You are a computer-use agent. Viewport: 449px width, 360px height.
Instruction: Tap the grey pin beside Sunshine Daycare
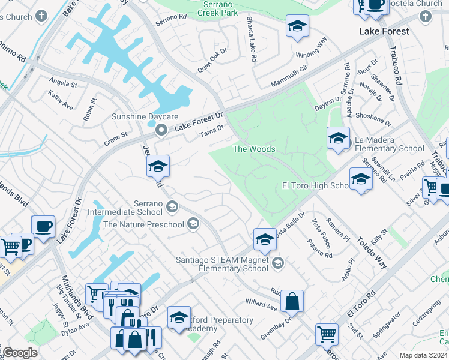click(x=160, y=130)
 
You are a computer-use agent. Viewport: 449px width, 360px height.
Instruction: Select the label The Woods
click(x=254, y=149)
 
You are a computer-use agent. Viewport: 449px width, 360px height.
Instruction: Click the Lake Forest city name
click(x=384, y=31)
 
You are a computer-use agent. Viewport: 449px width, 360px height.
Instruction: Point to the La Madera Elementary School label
click(x=390, y=144)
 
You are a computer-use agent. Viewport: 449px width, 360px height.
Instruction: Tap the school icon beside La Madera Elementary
click(x=338, y=139)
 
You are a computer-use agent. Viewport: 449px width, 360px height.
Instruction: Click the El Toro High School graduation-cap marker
click(x=361, y=179)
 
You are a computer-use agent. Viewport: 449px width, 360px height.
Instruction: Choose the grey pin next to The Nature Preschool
click(x=193, y=224)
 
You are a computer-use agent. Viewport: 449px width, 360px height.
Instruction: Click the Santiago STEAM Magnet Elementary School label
click(x=222, y=264)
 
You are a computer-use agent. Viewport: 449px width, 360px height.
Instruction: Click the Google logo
click(x=20, y=353)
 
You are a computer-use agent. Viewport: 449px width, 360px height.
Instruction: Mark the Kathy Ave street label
click(x=60, y=101)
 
